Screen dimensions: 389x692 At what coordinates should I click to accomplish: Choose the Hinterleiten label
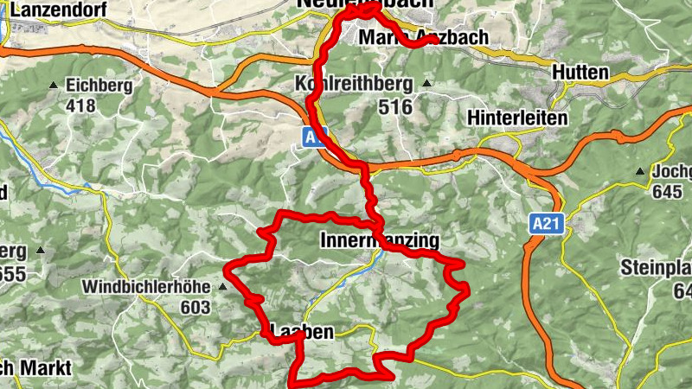pos(516,117)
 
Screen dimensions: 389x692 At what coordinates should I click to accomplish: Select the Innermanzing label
pos(380,239)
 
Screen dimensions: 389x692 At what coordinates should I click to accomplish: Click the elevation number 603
pos(195,306)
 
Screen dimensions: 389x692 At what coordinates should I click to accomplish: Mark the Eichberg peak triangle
pos(54,86)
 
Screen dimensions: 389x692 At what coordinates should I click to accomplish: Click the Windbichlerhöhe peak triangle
pos(223,286)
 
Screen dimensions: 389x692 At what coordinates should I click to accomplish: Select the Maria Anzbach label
pos(423,38)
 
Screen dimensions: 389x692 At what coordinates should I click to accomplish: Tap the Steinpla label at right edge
pos(656,268)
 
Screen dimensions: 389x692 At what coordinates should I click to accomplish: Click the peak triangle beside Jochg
pos(640,171)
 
